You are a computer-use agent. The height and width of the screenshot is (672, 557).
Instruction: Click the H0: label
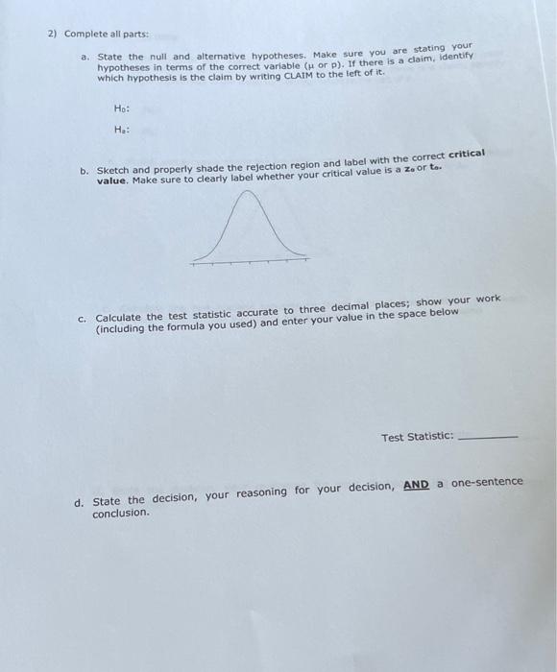click(x=121, y=108)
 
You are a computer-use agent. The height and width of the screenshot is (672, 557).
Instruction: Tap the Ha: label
click(x=121, y=130)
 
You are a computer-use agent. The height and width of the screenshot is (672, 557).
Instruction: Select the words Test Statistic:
click(x=417, y=437)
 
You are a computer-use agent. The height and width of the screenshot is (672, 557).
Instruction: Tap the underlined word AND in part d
click(x=416, y=485)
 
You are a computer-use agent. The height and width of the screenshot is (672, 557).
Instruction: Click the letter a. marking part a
click(x=85, y=58)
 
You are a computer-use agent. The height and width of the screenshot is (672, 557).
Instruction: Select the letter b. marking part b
click(x=85, y=171)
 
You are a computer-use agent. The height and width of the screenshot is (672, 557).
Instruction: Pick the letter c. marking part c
click(x=84, y=320)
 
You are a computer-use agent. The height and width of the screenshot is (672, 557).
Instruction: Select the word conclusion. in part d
click(x=121, y=514)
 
